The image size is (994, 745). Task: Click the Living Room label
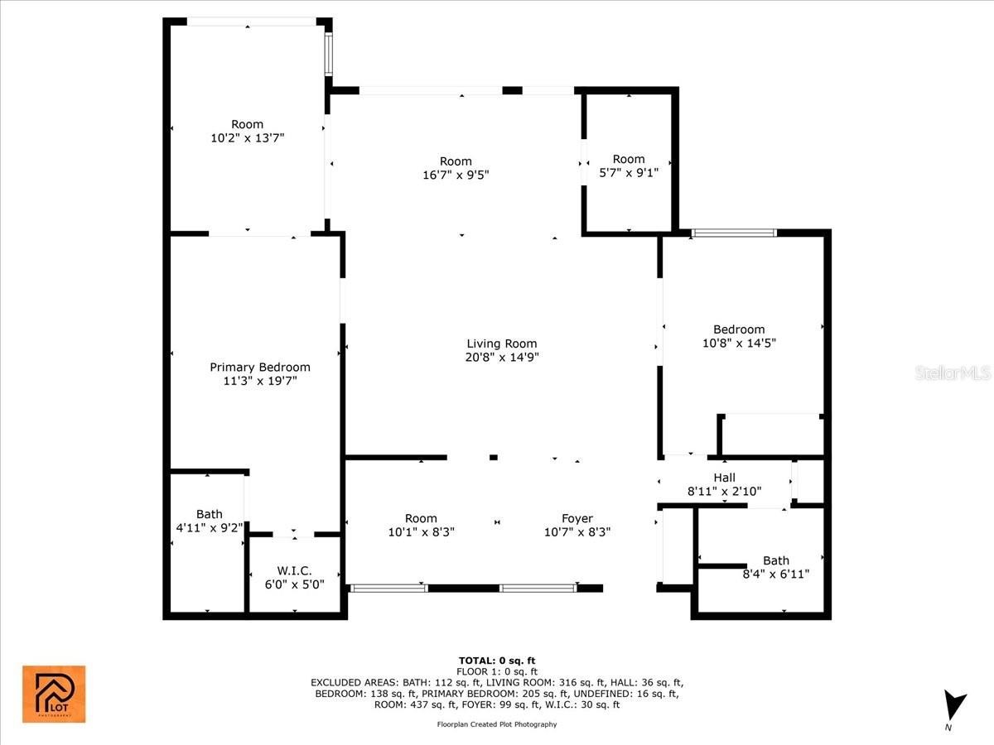(x=502, y=344)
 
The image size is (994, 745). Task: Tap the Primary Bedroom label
(x=260, y=367)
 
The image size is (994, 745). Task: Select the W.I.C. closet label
(x=294, y=570)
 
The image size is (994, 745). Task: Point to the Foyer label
(x=577, y=518)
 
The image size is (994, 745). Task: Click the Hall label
(x=725, y=478)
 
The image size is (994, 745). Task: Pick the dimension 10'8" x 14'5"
(x=739, y=343)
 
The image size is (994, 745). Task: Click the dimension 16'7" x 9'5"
(x=456, y=175)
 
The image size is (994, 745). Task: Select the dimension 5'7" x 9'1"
(x=629, y=172)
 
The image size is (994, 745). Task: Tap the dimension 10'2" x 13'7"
(x=247, y=137)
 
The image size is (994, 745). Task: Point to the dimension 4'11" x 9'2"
(x=210, y=527)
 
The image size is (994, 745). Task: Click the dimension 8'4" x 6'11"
(x=775, y=574)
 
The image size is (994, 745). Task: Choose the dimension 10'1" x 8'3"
(x=421, y=532)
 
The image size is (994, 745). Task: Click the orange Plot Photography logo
(x=54, y=695)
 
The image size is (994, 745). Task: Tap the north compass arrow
(x=954, y=704)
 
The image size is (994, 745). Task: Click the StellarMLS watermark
(x=953, y=372)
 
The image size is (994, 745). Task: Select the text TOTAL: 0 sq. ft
(x=497, y=661)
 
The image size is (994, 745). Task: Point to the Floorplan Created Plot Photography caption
(x=497, y=724)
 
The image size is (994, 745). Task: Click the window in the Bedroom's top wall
(x=734, y=233)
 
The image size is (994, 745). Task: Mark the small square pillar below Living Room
(x=494, y=457)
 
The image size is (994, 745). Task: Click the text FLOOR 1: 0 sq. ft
(x=497, y=671)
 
